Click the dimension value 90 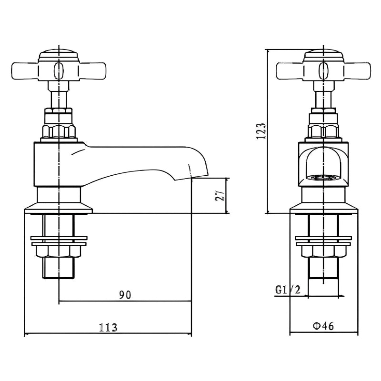click(125, 295)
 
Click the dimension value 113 click(108, 328)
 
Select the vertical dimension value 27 click(220, 196)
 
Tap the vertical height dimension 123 click(261, 130)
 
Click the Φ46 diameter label click(324, 326)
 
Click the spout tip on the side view click(200, 174)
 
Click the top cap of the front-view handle click(324, 54)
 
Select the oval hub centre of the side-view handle click(58, 70)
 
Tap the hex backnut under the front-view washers click(324, 251)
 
